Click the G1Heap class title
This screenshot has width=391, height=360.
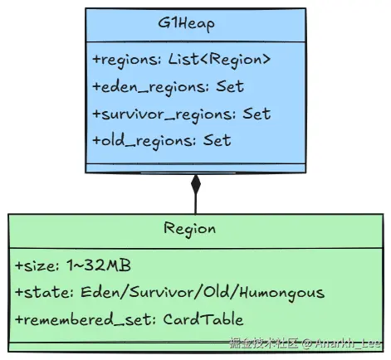186,24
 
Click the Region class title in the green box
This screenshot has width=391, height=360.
189,230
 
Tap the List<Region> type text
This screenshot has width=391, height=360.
219,60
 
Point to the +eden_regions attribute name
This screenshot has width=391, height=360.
150,87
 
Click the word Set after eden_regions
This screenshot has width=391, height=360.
230,86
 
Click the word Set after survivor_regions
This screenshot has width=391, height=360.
257,114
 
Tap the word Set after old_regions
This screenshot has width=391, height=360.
217,140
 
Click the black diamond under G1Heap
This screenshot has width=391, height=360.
196,184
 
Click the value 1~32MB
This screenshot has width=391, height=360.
99,265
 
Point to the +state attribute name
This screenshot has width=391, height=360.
44,293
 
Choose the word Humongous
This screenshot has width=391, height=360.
282,294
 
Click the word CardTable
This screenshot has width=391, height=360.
203,319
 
